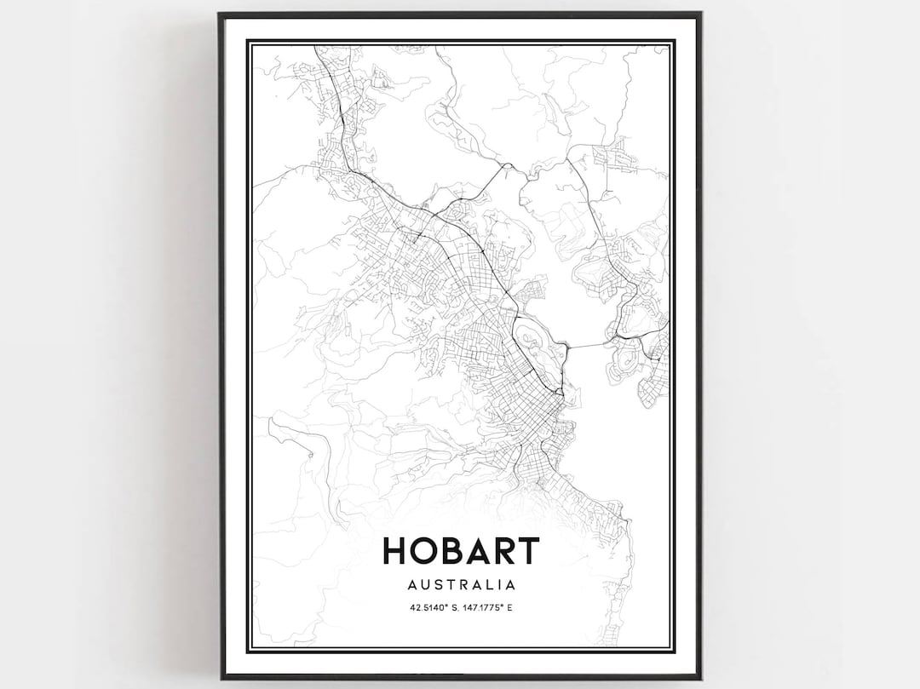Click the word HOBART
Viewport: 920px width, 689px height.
click(x=460, y=551)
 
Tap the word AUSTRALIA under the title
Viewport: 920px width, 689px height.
click(x=461, y=585)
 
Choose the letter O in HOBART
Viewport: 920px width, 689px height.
click(x=424, y=551)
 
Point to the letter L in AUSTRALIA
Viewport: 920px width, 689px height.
click(x=488, y=585)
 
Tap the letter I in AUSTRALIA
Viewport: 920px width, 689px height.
click(x=498, y=585)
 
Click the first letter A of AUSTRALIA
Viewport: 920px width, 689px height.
click(x=411, y=585)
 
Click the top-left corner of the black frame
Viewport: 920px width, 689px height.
click(x=221, y=14)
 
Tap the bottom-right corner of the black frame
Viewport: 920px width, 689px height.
click(x=699, y=677)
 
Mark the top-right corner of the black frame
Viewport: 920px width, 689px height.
click(x=699, y=14)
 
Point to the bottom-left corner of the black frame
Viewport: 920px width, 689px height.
click(x=221, y=677)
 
